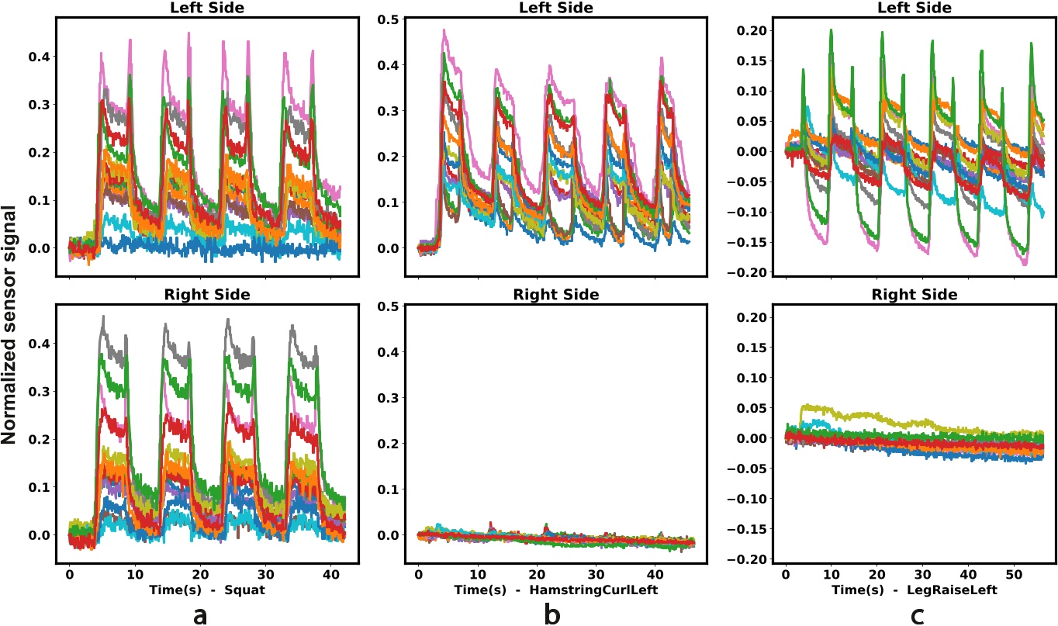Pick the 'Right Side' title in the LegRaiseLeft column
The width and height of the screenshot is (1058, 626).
[915, 295]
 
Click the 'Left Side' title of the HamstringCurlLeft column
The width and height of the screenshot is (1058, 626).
[556, 8]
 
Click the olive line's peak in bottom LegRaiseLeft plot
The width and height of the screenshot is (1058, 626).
[804, 405]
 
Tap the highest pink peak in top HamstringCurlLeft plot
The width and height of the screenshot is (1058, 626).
[444, 30]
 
